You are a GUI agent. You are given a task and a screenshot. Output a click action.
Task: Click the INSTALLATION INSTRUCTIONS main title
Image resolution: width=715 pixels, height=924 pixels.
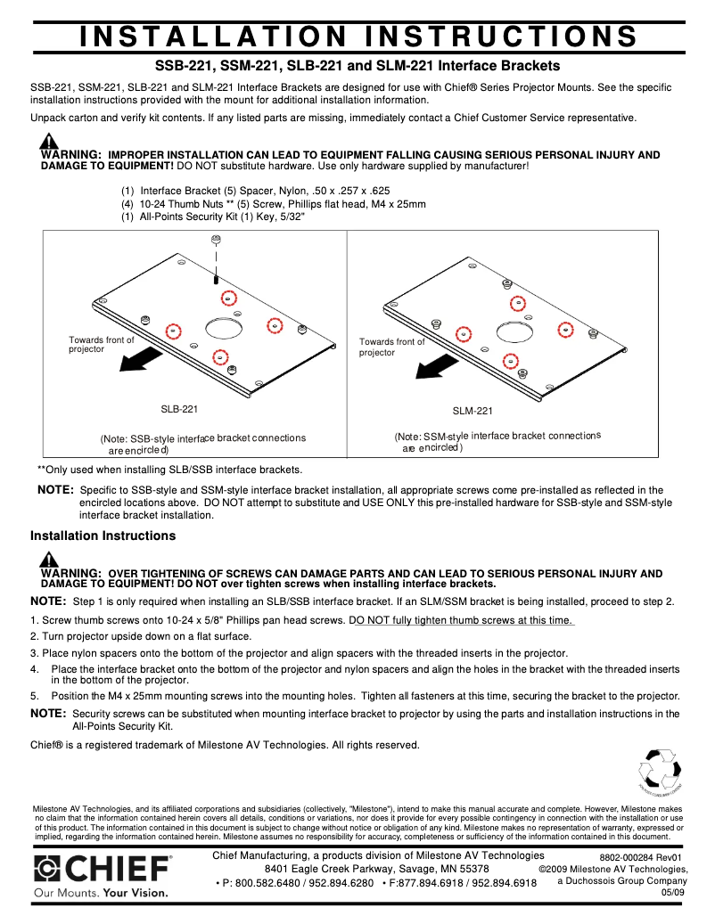(358, 37)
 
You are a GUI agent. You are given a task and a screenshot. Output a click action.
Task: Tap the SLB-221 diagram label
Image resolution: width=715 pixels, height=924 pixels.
(179, 409)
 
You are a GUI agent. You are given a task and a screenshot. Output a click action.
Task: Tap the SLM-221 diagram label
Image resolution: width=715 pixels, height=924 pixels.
(473, 411)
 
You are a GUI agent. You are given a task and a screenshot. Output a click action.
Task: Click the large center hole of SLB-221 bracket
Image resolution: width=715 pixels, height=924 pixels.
(223, 327)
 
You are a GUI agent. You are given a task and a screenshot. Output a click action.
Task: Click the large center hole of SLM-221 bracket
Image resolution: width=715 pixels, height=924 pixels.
(514, 331)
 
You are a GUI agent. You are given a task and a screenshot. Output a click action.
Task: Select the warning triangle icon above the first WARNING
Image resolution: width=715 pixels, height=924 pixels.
(50, 141)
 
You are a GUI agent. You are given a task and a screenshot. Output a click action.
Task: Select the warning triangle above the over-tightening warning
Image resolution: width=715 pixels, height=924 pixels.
(50, 559)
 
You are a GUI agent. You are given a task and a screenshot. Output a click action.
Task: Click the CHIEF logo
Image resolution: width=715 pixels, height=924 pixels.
(103, 868)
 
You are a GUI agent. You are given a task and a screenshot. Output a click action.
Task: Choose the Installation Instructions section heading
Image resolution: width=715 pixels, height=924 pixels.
(103, 536)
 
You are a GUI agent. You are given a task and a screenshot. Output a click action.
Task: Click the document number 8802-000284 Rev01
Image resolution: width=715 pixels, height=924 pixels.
(640, 857)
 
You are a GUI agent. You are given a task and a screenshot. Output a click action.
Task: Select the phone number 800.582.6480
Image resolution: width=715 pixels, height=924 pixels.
(258, 883)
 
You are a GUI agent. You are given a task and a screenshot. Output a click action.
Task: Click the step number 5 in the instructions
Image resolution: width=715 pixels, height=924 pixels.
(34, 696)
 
